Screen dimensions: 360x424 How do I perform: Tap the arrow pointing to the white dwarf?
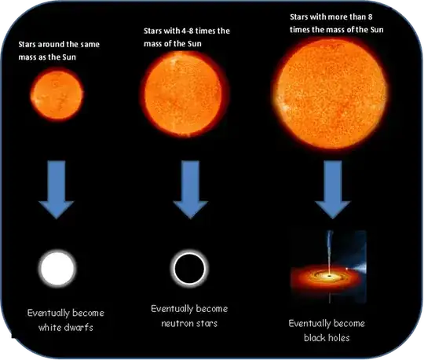pyautogui.click(x=57, y=192)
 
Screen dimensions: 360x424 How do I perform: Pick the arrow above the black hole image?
pyautogui.click(x=331, y=192)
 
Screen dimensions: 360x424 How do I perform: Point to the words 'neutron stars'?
pyautogui.click(x=186, y=323)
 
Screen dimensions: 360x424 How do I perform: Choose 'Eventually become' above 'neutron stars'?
pyautogui.click(x=186, y=309)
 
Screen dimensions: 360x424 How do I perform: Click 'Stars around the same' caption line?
pyautogui.click(x=61, y=44)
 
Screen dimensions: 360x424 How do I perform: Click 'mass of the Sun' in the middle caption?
pyautogui.click(x=181, y=42)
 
